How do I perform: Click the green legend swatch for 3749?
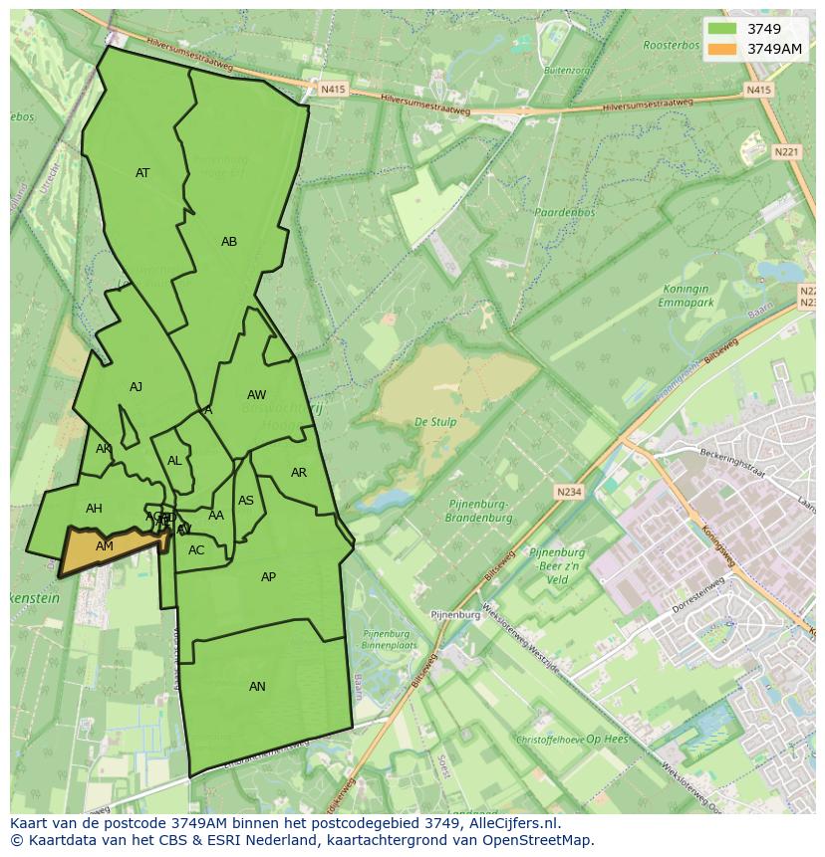pos(723,29)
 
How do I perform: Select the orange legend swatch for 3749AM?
pos(723,49)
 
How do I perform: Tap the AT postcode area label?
pos(142,173)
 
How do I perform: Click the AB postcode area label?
pos(229,242)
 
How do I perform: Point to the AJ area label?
pos(136,387)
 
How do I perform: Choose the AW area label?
pos(256,395)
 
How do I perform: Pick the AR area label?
pos(299,473)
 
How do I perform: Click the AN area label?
pos(257,687)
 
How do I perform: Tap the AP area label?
pos(268,577)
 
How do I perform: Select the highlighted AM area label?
pos(105,546)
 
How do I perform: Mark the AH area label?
pos(94,509)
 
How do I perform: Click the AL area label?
pos(174,461)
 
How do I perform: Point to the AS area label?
pos(246,501)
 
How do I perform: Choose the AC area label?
pos(196,550)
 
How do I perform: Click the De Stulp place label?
pos(435,422)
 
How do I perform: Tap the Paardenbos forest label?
pos(564,213)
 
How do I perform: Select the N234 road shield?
pos(568,492)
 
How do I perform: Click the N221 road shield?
pos(786,152)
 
